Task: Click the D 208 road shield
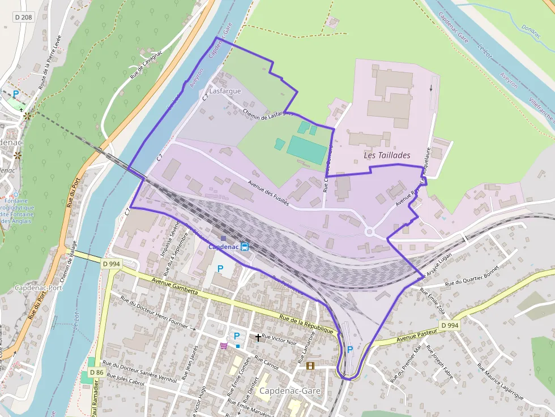(23, 18)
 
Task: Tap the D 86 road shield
(96, 372)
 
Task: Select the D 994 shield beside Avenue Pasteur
(449, 325)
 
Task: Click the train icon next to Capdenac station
(245, 246)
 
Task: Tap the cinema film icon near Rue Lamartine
(310, 366)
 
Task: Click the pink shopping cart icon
(224, 346)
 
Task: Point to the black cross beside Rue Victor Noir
(258, 337)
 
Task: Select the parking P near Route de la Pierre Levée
(16, 93)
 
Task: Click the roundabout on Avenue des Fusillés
(370, 231)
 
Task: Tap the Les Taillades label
(387, 154)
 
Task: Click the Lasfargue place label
(225, 91)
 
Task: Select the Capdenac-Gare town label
(290, 390)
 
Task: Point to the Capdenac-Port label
(39, 287)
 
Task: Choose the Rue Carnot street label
(266, 363)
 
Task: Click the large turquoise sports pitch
(306, 147)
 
